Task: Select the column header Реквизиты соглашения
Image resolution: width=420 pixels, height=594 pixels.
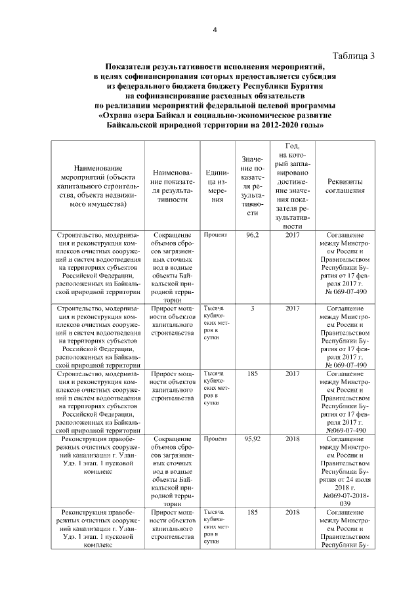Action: [346, 186]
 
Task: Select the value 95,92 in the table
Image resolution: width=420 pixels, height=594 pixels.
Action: [253, 438]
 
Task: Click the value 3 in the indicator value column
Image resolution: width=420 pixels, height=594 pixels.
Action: [253, 307]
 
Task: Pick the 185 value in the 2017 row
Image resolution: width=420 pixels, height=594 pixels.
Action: [253, 374]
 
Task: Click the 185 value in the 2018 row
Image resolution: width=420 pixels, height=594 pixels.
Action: [253, 511]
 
